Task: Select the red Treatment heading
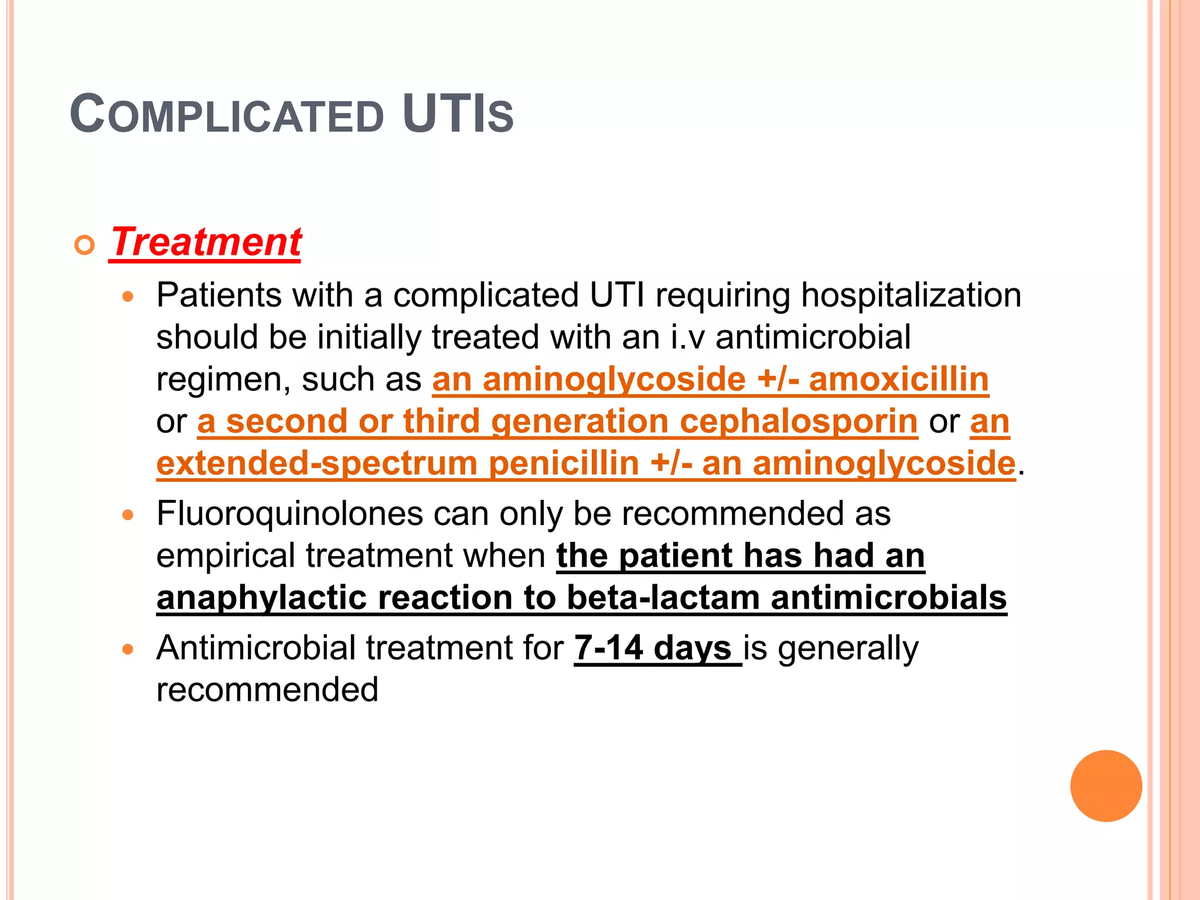coord(206,242)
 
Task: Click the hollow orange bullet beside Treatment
coord(85,245)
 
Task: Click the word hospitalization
coord(911,295)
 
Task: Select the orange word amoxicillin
coord(899,379)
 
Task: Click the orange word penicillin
coord(564,463)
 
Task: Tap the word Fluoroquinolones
coord(289,514)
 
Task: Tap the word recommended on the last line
coord(267,690)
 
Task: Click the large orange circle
coord(1106,786)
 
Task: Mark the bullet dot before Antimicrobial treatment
coord(128,649)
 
